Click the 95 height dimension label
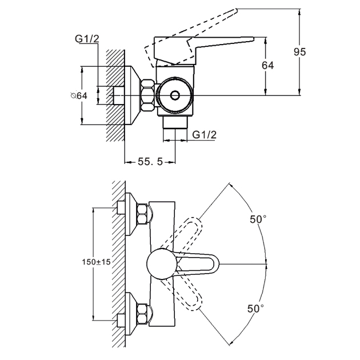coord(299,52)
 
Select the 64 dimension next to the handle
coord(267,66)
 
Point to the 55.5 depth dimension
coord(150,162)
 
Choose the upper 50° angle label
coord(257,219)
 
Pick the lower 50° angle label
coord(255,309)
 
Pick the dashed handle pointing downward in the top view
coord(192,297)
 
